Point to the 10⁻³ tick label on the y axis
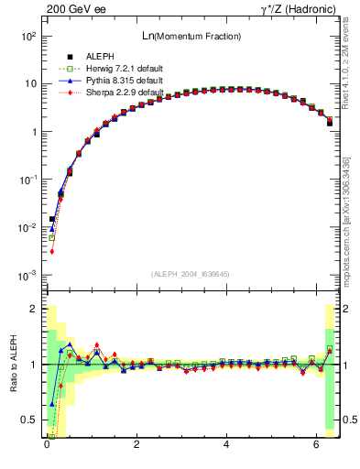tap(27, 276)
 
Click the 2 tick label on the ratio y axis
tap(33, 310)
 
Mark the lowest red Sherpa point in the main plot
tap(52, 251)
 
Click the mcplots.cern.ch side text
tap(350, 247)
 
